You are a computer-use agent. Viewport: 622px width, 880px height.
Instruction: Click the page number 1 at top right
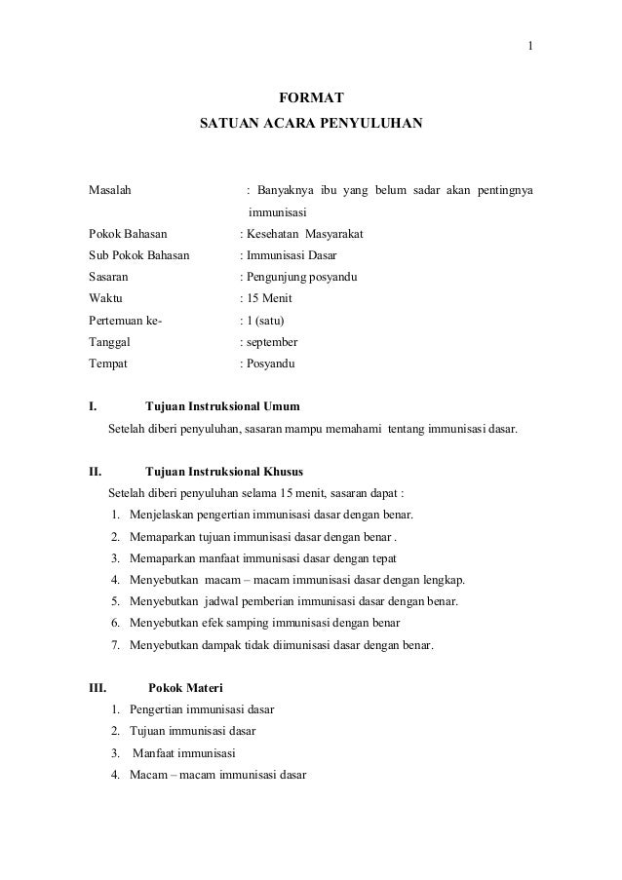tap(529, 47)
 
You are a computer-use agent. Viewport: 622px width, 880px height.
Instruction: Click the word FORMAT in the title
tap(311, 97)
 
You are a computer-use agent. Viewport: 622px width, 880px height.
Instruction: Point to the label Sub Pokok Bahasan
tap(139, 256)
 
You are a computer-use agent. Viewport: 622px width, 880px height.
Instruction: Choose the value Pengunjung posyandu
tap(301, 278)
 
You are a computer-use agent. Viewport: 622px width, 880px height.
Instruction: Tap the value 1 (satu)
tap(265, 321)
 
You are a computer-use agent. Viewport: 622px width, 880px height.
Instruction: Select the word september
tap(272, 342)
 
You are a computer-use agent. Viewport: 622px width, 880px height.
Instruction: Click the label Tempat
tap(108, 363)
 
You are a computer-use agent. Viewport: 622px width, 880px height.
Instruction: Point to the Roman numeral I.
tap(92, 405)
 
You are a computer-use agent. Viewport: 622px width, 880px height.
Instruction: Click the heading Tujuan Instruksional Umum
tap(222, 405)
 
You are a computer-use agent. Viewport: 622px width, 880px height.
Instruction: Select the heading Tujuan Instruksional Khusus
tap(224, 471)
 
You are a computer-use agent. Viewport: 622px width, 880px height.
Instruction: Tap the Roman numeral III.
tap(97, 687)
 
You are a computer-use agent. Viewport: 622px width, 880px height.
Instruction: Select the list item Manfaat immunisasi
tap(182, 753)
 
